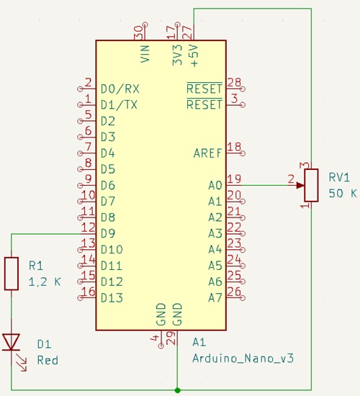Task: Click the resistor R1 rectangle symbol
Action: [x=12, y=274]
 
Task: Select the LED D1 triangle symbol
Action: [x=11, y=342]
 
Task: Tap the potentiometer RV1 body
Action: [x=311, y=185]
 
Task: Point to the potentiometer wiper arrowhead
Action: [x=300, y=185]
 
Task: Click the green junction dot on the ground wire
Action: [x=177, y=390]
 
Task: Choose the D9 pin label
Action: [x=108, y=233]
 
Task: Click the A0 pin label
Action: [x=215, y=185]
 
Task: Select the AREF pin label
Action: [x=207, y=153]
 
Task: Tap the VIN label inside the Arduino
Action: [x=145, y=53]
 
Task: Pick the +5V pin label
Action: [x=194, y=56]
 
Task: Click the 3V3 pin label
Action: [x=177, y=55]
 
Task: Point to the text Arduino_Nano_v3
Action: [x=243, y=358]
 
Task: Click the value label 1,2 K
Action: [x=45, y=282]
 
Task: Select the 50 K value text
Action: [x=343, y=193]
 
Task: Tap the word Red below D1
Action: [x=48, y=360]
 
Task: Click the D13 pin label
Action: [x=112, y=298]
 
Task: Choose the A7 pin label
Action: [x=215, y=298]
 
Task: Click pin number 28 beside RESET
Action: [x=234, y=82]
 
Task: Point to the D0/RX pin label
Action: [x=120, y=89]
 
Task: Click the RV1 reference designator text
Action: [x=339, y=177]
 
